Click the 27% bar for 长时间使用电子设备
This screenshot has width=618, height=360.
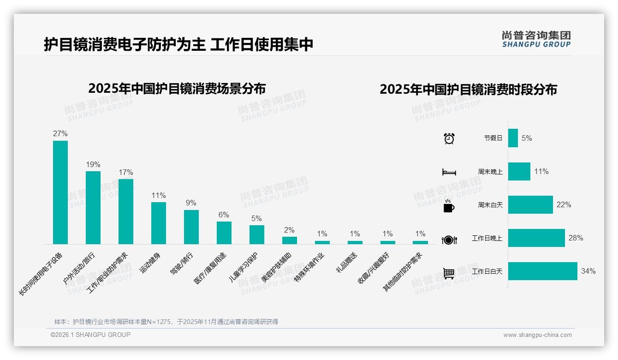coord(60,192)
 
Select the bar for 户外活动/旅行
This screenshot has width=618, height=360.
coord(93,208)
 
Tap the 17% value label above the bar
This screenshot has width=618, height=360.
coord(125,172)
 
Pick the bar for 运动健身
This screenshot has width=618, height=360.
coord(159,223)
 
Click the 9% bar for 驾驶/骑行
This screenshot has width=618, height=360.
coord(191,227)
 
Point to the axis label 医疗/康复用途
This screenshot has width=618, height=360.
coord(210,268)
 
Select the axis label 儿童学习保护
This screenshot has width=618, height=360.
coord(244,268)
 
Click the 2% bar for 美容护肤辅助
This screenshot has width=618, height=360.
coord(290,240)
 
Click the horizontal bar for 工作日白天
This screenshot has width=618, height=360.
coord(542,271)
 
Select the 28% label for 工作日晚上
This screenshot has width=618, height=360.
coord(576,238)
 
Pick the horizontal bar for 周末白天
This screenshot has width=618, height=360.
coord(530,204)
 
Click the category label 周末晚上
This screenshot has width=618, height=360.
coord(490,171)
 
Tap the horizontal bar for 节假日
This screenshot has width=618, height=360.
coord(513,138)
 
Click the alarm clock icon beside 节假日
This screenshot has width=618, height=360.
coord(449,138)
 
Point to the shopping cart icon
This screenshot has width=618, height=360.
coord(449,273)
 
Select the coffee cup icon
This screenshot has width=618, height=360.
coord(449,206)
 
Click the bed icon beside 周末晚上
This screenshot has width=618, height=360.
coord(449,172)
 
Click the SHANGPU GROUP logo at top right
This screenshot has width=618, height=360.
coord(536,39)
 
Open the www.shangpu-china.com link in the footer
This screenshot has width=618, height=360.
coord(537,335)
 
